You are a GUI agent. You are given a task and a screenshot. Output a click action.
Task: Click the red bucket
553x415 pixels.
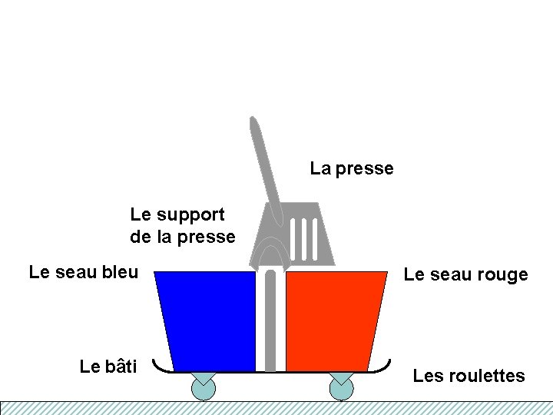coord(334,319)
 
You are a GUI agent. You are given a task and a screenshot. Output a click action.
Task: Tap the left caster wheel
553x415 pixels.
coord(204,388)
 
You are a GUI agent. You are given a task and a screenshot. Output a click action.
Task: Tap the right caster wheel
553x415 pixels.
coord(341,388)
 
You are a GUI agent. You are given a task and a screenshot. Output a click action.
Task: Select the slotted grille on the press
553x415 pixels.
coord(305,238)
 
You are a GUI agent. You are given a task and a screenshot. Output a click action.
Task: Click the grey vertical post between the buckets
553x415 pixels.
coord(270,323)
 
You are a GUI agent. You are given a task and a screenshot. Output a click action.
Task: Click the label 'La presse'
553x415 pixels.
coord(352,168)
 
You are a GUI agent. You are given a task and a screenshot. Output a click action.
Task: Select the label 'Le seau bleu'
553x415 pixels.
coord(83,272)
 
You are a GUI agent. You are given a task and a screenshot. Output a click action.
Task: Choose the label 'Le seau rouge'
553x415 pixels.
coord(465,274)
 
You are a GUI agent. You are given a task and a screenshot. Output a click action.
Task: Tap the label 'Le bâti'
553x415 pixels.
coord(108,367)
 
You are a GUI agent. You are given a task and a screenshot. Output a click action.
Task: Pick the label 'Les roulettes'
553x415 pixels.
coord(469,376)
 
